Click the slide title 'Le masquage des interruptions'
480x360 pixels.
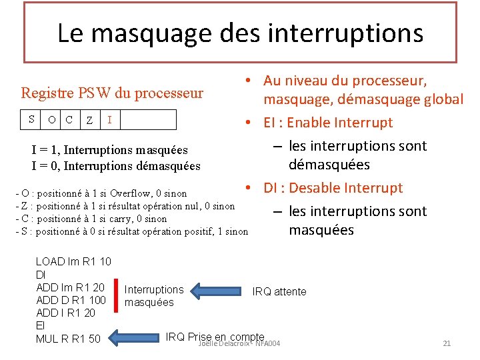point(240,33)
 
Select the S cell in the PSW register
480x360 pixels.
point(31,119)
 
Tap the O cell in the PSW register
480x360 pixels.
point(52,120)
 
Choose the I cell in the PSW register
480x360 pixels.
point(109,120)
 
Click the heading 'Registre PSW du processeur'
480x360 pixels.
point(112,93)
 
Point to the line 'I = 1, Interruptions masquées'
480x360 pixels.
point(109,151)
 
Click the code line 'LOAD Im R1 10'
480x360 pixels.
point(73,262)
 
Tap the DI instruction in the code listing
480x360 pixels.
point(40,275)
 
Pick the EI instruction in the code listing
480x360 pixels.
point(40,325)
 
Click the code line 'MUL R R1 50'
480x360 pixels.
point(68,339)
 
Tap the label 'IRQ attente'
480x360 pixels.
point(279,291)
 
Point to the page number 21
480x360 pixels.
point(447,343)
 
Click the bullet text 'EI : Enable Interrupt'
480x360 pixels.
point(328,123)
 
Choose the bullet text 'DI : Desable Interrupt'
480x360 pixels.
point(333,188)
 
